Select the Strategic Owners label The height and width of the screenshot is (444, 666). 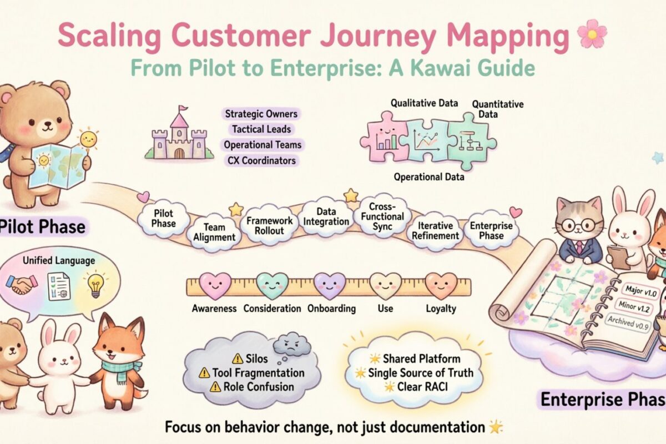click(261, 114)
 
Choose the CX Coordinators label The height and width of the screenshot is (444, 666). click(261, 161)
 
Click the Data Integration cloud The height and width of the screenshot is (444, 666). click(326, 217)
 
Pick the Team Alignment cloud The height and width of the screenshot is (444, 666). click(215, 232)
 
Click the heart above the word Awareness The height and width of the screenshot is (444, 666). click(214, 285)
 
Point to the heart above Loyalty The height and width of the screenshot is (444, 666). click(441, 286)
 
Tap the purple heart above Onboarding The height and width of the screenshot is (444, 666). click(330, 285)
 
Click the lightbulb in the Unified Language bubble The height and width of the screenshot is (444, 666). click(95, 285)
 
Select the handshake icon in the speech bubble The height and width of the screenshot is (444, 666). click(21, 285)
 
